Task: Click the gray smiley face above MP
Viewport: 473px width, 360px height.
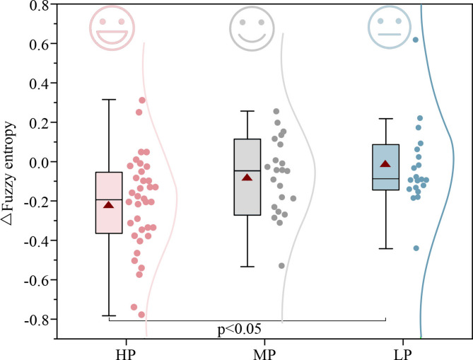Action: (248, 29)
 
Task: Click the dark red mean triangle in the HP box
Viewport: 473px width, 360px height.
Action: (108, 204)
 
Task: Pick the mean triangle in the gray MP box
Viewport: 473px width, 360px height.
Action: (247, 177)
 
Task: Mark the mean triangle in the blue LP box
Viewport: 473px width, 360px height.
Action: (385, 164)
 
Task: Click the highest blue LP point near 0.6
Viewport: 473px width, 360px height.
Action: (416, 40)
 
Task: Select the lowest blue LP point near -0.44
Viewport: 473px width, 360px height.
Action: (416, 248)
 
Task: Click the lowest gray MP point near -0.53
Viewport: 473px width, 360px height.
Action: (281, 266)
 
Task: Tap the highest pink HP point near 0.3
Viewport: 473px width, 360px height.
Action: (141, 100)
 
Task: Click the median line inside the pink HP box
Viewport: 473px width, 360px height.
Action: (109, 200)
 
